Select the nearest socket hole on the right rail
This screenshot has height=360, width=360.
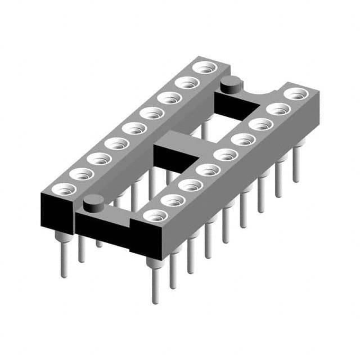click(155, 215)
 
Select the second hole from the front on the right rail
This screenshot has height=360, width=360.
click(173, 200)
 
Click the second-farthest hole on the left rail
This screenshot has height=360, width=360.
click(185, 83)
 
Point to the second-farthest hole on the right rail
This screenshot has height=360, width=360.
click(277, 109)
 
